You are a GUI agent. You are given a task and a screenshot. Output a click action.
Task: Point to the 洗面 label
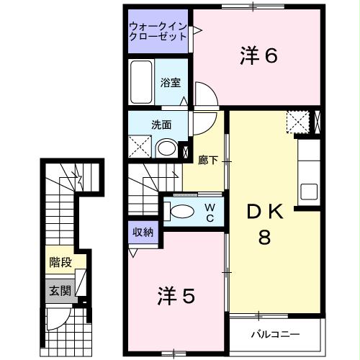click(x=161, y=123)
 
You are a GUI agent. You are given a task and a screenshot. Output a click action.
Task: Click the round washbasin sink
click(x=166, y=149)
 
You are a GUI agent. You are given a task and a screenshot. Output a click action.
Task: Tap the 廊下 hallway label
click(x=208, y=160)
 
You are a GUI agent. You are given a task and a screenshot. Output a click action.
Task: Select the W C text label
click(x=210, y=211)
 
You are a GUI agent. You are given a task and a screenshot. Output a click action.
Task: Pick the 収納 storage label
click(x=143, y=232)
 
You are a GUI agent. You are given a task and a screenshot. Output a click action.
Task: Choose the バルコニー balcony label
click(x=274, y=333)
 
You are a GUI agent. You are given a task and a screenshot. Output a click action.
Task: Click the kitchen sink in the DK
click(x=309, y=192)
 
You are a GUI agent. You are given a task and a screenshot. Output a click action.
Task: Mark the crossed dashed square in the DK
click(x=296, y=122)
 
